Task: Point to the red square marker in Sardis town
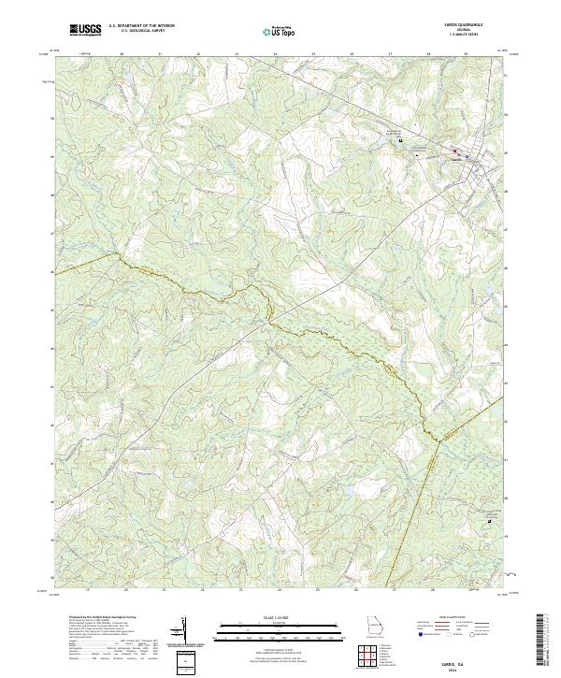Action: coord(455,151)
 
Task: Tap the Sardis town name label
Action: coord(456,158)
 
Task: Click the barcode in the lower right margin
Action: coord(542,641)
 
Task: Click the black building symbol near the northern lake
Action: coord(401,141)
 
